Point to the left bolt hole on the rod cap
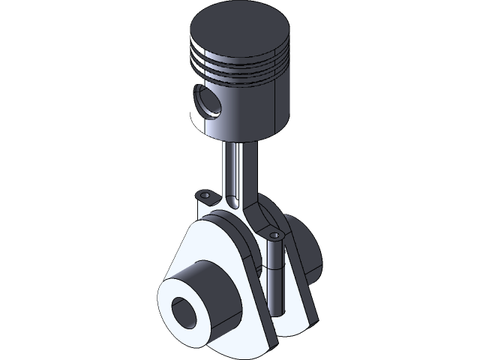pyautogui.click(x=203, y=195)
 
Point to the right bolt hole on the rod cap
pyautogui.click(x=274, y=235)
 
